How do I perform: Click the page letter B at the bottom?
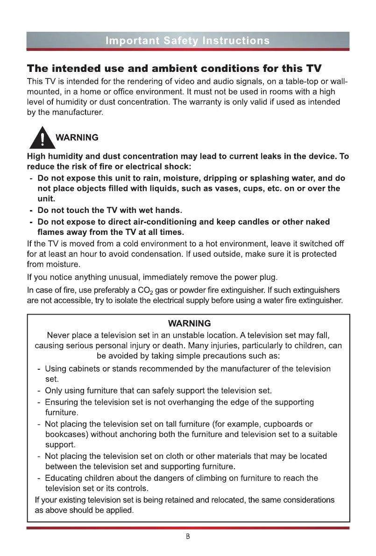pos(188,536)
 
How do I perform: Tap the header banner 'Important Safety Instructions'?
pos(188,41)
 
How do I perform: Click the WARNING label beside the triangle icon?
pos(77,138)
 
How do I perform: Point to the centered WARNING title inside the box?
pos(189,324)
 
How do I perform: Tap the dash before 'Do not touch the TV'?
pos(30,211)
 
